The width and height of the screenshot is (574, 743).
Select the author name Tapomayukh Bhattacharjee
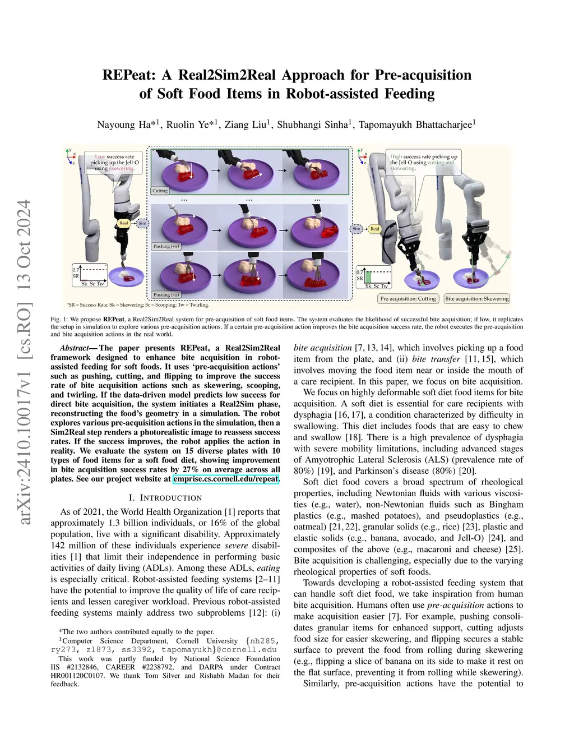coord(416,124)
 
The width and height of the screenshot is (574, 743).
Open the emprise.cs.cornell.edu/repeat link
coord(226,479)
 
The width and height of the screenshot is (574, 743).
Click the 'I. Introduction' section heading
coord(165,497)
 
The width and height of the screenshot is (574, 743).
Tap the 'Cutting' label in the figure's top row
coord(160,191)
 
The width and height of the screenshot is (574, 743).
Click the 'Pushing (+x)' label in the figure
coord(166,246)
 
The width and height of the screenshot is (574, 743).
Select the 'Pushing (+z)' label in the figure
coord(166,294)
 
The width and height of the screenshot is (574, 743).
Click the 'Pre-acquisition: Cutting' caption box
coord(408,299)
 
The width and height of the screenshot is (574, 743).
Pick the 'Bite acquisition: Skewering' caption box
coord(477,299)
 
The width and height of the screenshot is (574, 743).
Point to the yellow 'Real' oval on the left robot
coord(123,223)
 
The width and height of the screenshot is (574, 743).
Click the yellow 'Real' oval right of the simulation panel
coord(375,229)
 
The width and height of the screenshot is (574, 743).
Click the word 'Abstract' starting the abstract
coord(74,348)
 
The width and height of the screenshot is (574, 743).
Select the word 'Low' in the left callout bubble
coord(100,157)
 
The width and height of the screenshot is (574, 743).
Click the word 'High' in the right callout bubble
coord(396,157)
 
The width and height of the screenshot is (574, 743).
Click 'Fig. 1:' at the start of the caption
coord(59,319)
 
